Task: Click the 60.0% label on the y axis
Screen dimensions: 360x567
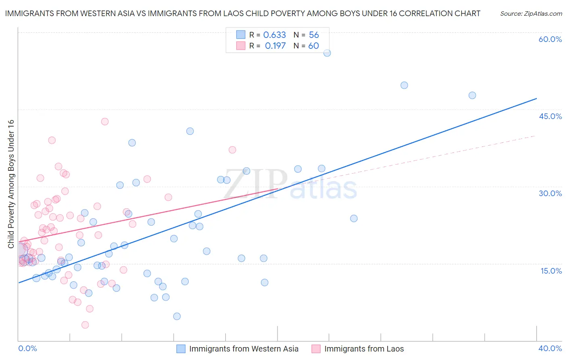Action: pos(550,39)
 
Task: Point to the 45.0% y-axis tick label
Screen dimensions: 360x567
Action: pos(550,116)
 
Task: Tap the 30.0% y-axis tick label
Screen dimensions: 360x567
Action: pos(550,193)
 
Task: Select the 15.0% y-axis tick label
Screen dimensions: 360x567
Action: pos(551,271)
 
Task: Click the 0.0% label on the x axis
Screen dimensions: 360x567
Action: pos(27,348)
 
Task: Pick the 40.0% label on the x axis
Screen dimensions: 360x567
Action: pos(550,348)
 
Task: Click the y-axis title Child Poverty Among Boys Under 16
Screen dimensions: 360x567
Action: pos(11,184)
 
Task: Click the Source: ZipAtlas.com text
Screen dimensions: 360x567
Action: pos(531,13)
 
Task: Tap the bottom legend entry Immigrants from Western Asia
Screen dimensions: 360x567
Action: pos(244,349)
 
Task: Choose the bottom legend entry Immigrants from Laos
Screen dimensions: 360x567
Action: pos(364,349)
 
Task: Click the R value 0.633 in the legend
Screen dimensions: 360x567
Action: pos(274,35)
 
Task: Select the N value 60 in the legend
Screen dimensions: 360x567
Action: pos(313,46)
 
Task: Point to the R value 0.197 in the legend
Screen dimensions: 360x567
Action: pos(275,46)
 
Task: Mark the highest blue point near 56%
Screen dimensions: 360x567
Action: pos(327,53)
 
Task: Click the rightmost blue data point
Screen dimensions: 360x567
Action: pos(472,95)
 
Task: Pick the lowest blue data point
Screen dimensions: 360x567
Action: pos(177,316)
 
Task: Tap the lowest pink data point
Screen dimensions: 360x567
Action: pos(85,325)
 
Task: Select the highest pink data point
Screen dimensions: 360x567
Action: pos(105,121)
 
